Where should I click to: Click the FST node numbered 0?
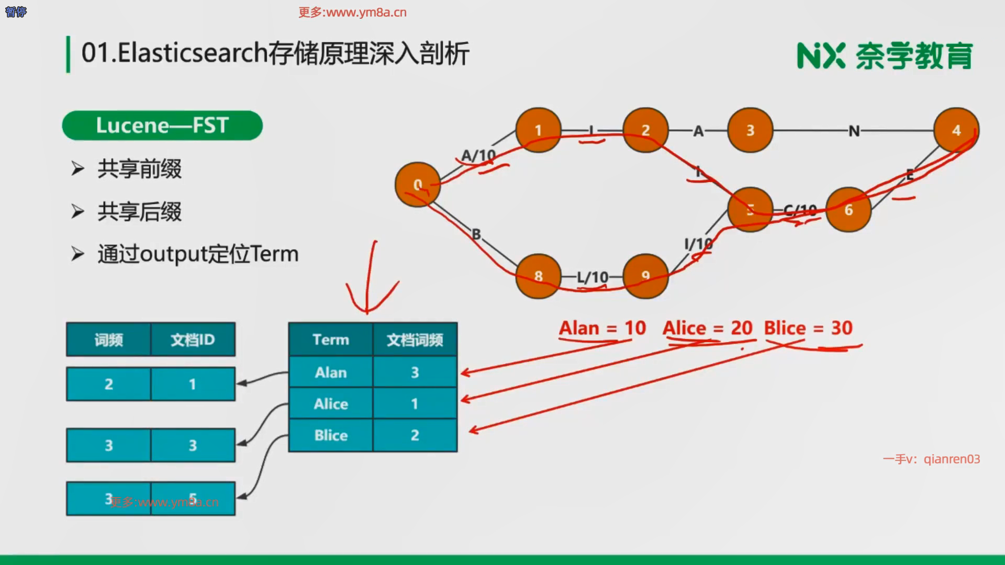(417, 185)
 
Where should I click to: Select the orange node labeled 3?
(750, 130)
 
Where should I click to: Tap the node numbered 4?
(956, 130)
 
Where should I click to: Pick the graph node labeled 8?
(538, 276)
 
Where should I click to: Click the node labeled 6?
(848, 210)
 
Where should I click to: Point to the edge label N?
(854, 131)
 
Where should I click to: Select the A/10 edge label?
(478, 155)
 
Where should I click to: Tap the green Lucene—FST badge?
(162, 126)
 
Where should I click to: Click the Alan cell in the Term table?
(331, 372)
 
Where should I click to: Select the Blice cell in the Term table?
(331, 435)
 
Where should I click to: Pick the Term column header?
(331, 340)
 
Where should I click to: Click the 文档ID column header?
(193, 340)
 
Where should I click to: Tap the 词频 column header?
(108, 340)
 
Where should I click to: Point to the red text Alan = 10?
(602, 328)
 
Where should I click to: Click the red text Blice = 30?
(808, 328)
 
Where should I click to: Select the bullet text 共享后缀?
(139, 212)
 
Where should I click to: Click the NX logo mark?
(821, 55)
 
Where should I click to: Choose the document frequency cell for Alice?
(415, 403)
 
